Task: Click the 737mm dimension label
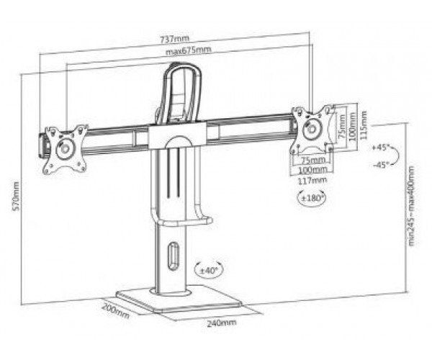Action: tap(175, 39)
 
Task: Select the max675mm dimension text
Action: tap(189, 50)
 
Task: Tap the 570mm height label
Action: tap(16, 196)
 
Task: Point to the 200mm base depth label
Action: tap(115, 310)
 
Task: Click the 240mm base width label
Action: tap(222, 323)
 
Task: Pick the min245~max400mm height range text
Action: tap(411, 205)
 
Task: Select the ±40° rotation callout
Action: tap(209, 270)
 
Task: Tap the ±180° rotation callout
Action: tap(312, 198)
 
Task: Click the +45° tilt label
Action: tap(379, 148)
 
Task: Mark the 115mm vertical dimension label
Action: tap(364, 125)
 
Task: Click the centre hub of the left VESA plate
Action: tap(66, 149)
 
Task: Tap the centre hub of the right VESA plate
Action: tap(312, 129)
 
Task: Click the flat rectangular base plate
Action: tap(179, 300)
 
